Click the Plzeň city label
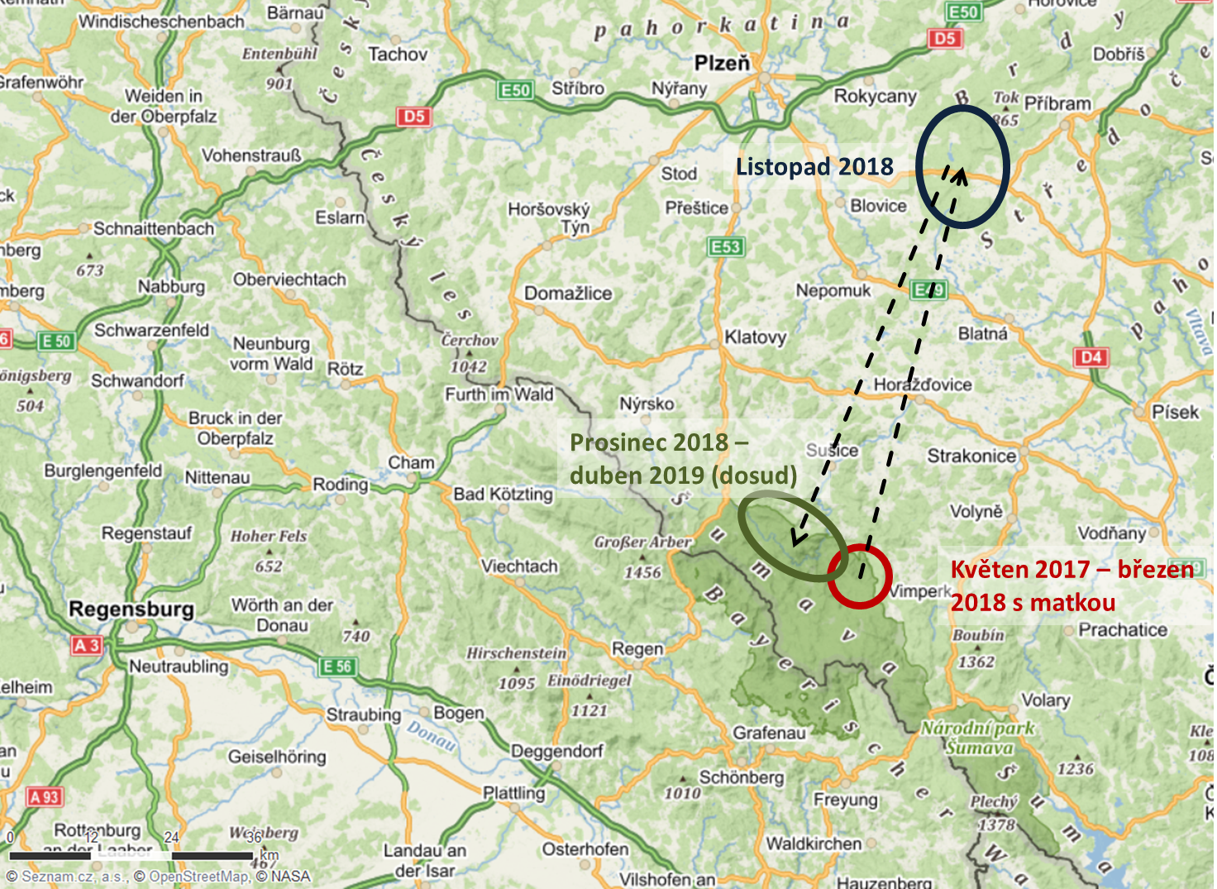[722, 63]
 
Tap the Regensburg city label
[131, 609]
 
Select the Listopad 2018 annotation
[814, 167]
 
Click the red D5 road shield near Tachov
[414, 117]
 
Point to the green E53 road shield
[726, 246]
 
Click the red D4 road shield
[1091, 357]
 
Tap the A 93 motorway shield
[45, 797]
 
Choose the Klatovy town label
[755, 337]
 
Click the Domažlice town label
[568, 294]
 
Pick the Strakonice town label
[971, 456]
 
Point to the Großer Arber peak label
[642, 542]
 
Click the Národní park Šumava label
[979, 738]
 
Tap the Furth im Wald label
[499, 394]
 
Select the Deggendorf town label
[556, 751]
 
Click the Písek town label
[1175, 412]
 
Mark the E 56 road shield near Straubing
[337, 667]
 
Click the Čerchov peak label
[470, 340]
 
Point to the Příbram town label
[1057, 104]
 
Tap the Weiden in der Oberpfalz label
[164, 106]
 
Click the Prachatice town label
[1123, 630]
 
